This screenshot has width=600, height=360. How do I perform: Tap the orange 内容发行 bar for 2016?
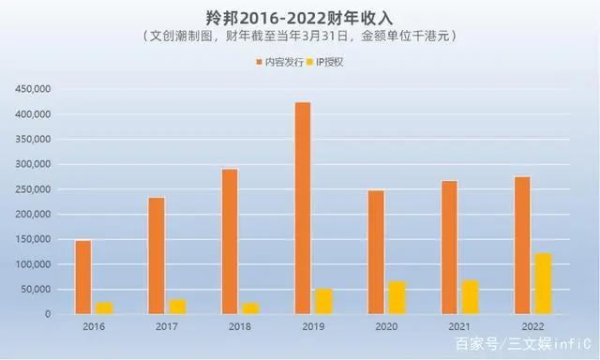(x=83, y=277)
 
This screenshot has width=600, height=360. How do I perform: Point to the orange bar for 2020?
(x=376, y=252)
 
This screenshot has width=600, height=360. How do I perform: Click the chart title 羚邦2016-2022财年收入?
(x=299, y=17)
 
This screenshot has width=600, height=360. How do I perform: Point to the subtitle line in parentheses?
(x=300, y=37)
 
